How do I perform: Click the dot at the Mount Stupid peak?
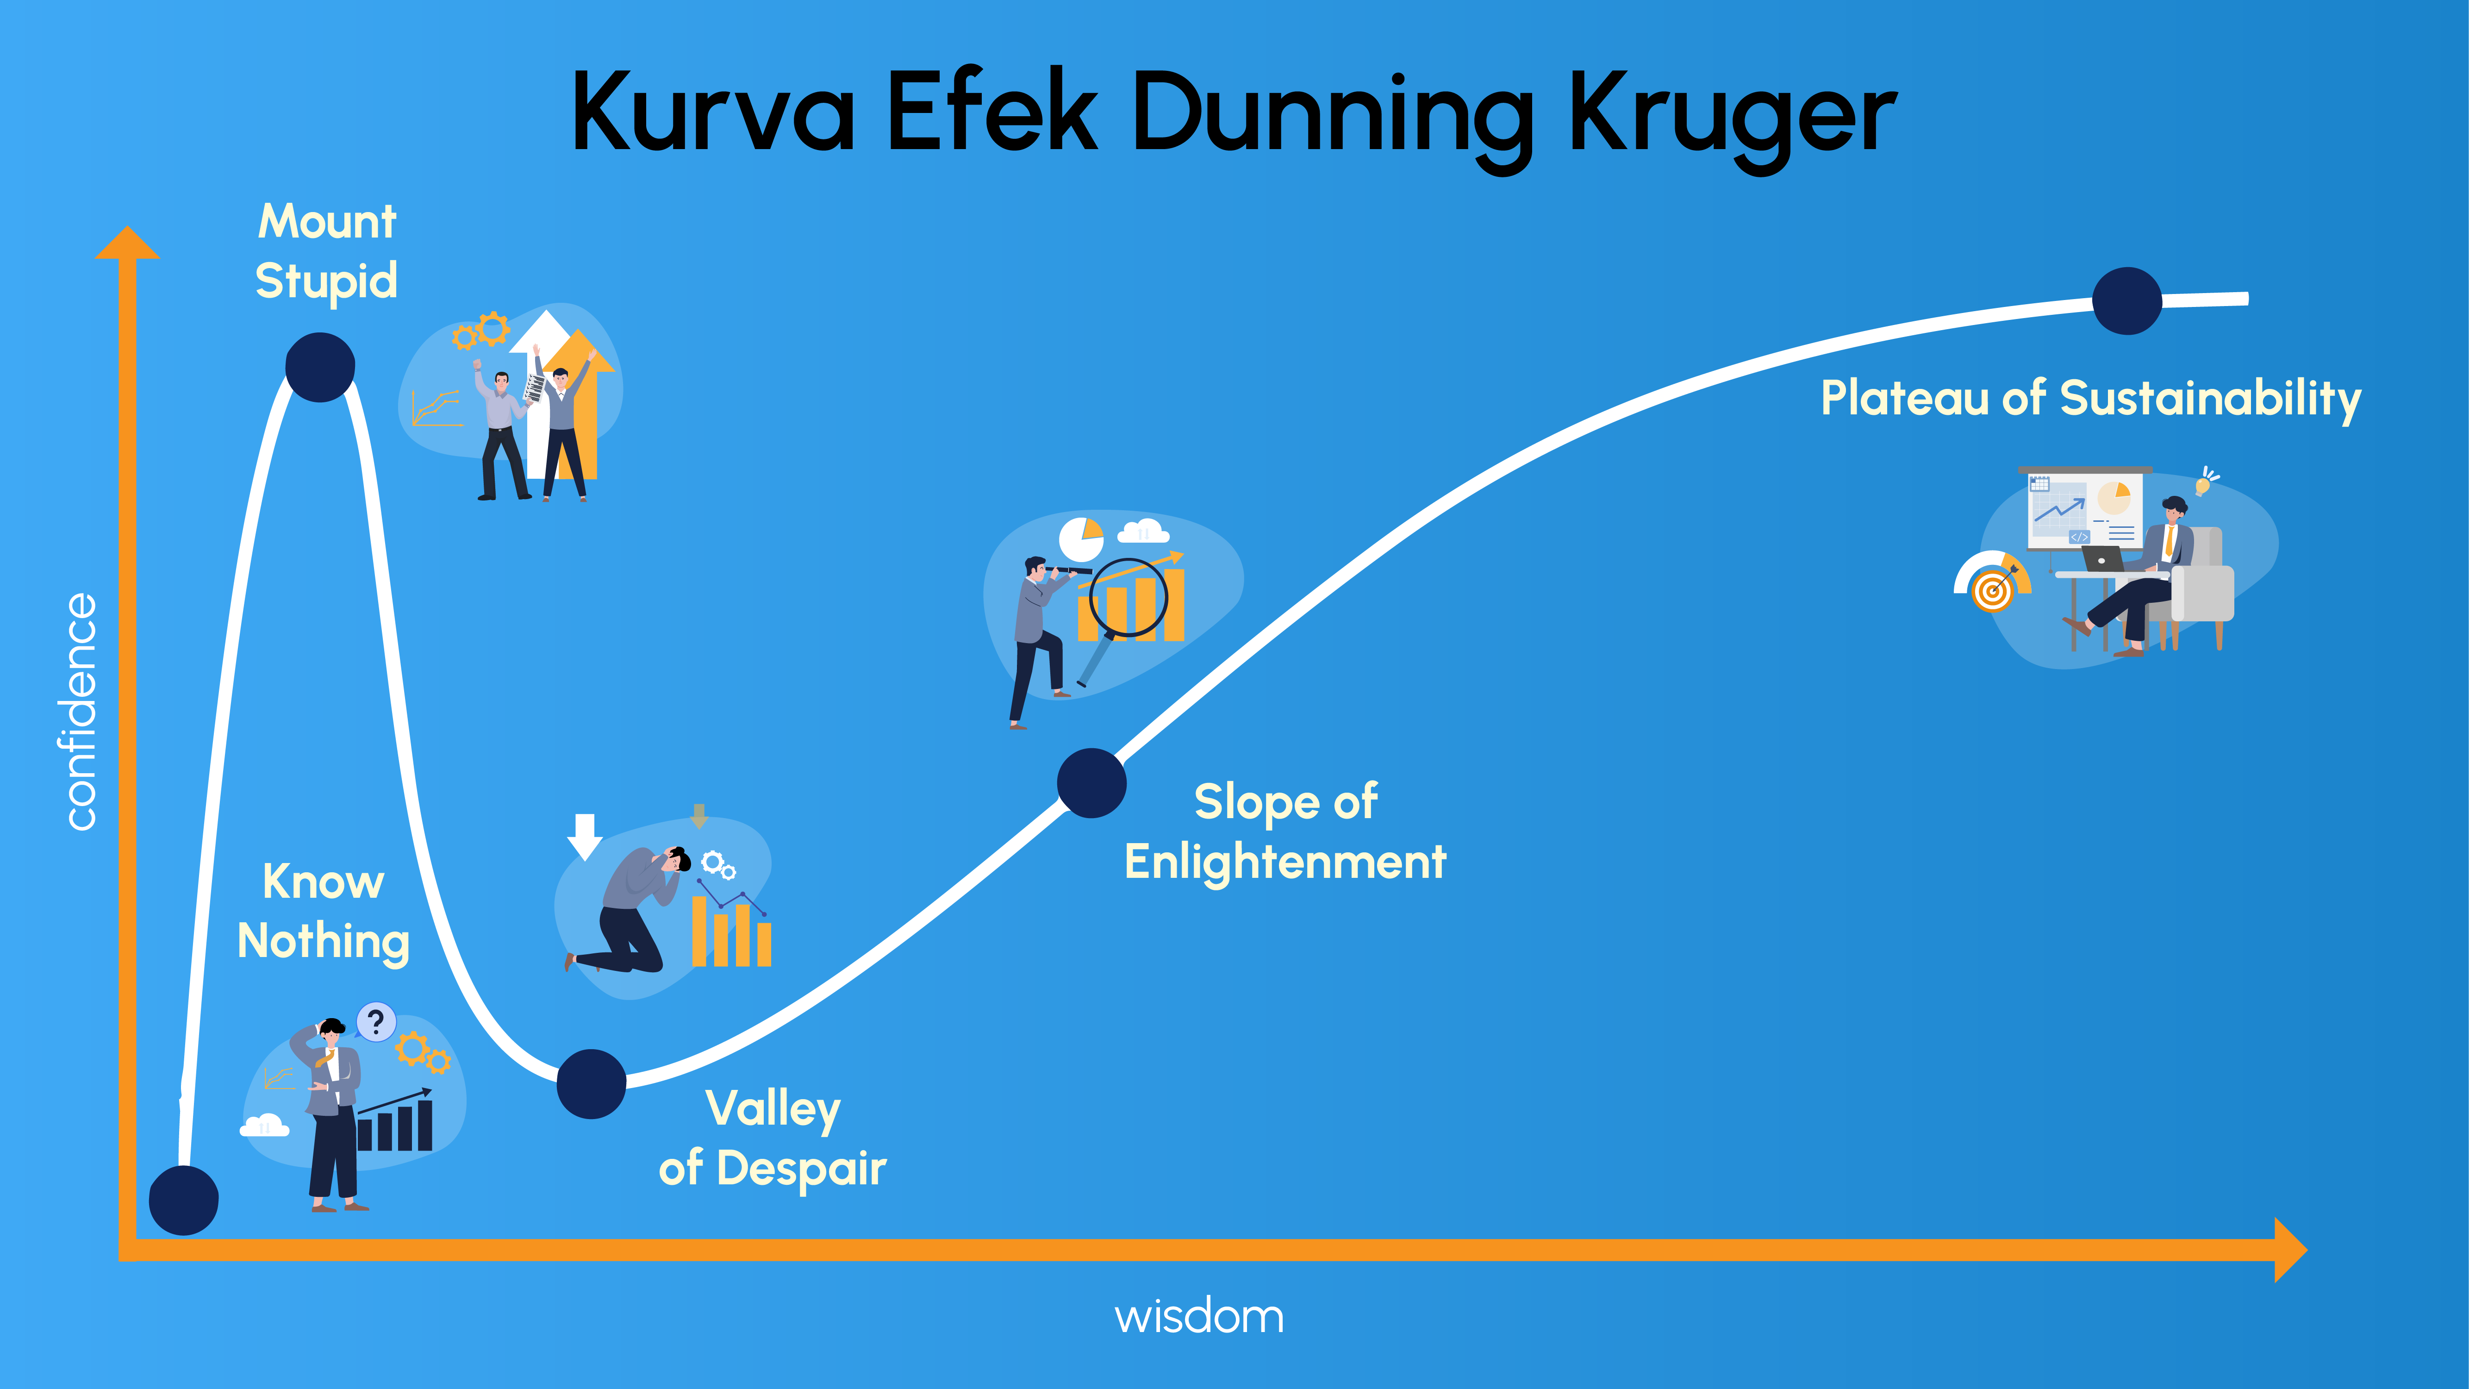pyautogui.click(x=320, y=367)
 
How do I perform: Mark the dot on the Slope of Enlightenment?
pyautogui.click(x=1091, y=783)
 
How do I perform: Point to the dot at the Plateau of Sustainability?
pyautogui.click(x=2127, y=301)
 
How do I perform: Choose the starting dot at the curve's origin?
pyautogui.click(x=184, y=1200)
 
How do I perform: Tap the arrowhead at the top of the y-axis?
pyautogui.click(x=127, y=243)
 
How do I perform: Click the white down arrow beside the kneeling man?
pyautogui.click(x=585, y=836)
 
